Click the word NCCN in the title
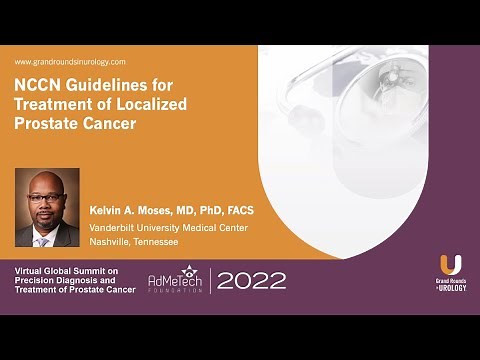pyautogui.click(x=38, y=85)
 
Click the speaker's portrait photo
pyautogui.click(x=47, y=208)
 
